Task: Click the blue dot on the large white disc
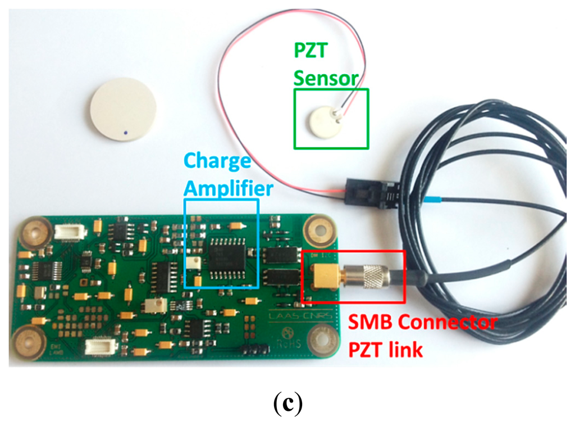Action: (127, 133)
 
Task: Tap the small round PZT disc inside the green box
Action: (321, 119)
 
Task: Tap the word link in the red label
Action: (406, 350)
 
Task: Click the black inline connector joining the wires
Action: (367, 193)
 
